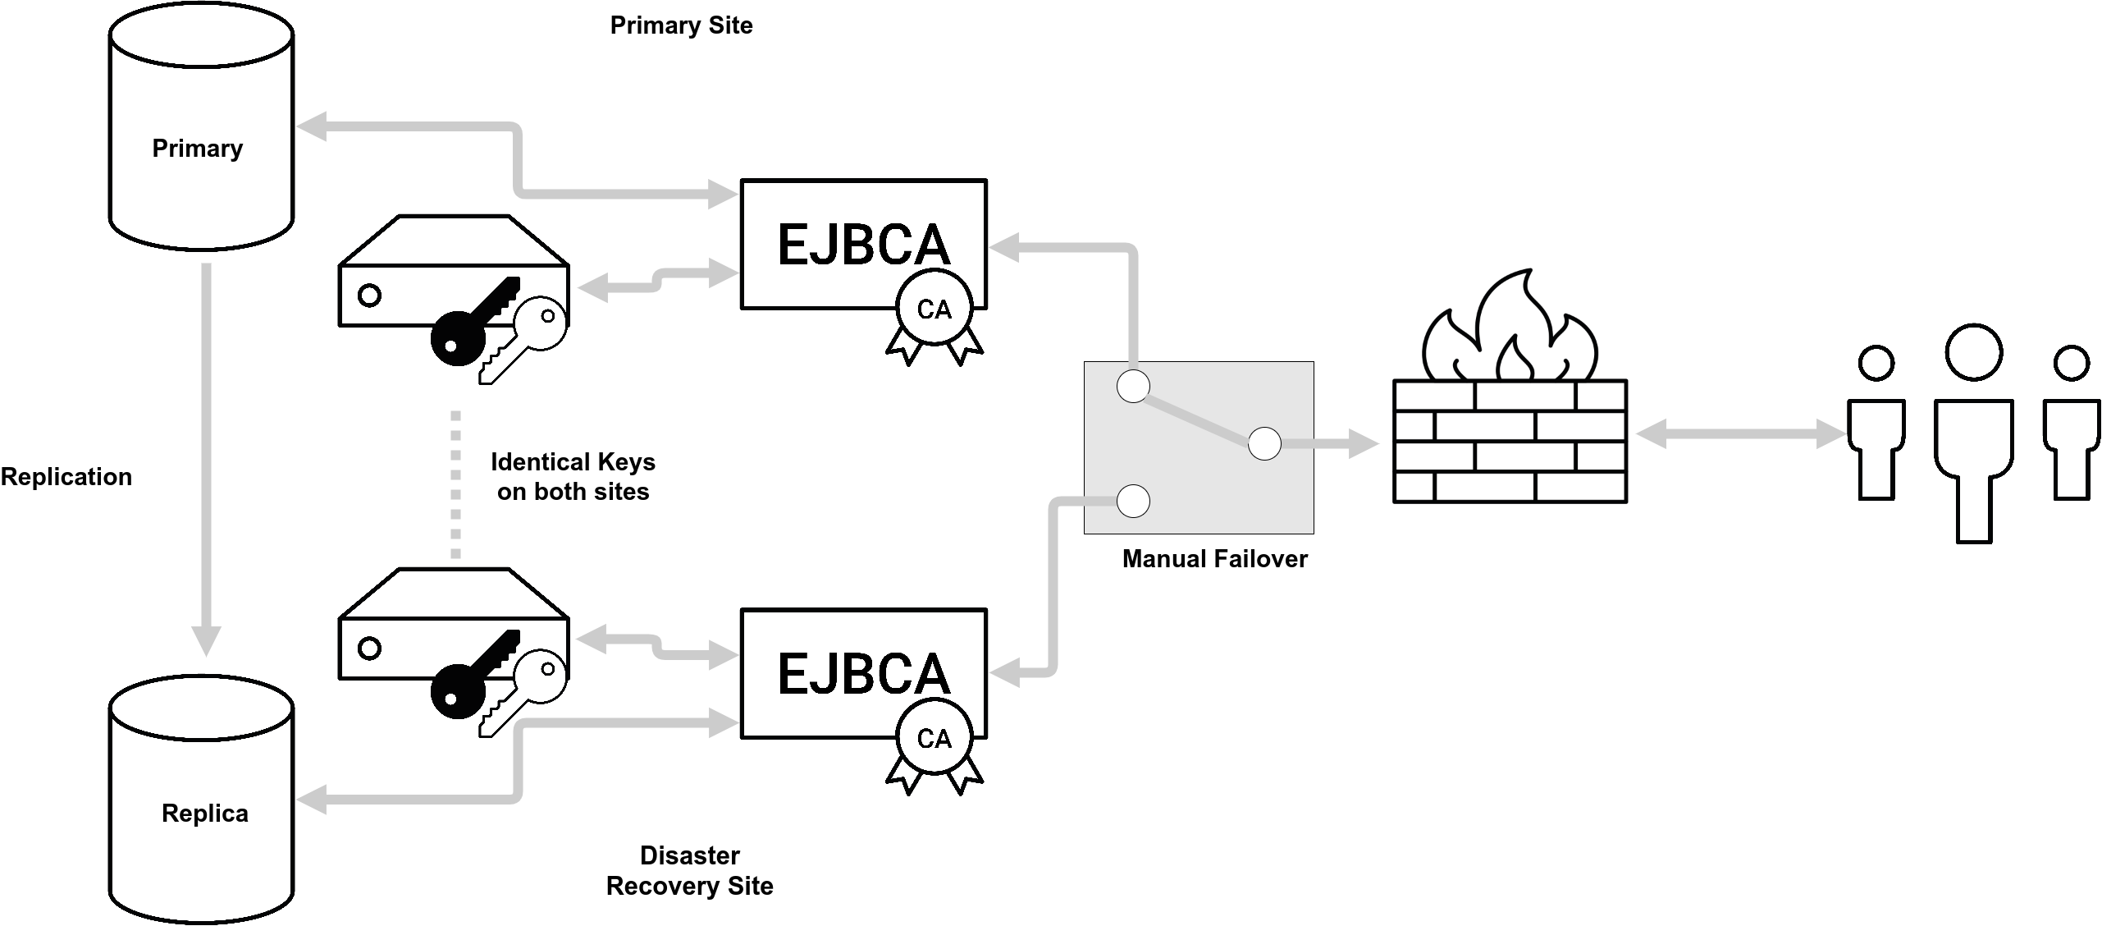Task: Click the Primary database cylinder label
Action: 198,149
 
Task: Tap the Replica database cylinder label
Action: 205,814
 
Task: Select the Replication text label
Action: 66,477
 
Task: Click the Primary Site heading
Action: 681,25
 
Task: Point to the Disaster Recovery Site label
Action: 689,871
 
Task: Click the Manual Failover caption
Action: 1214,559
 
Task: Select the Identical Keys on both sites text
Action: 573,477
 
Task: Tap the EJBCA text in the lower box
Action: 863,674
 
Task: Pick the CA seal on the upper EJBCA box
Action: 934,310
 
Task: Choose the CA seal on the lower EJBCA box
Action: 934,740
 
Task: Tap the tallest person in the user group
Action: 1974,435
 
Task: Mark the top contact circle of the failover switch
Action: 1133,387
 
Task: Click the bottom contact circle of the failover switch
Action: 1133,502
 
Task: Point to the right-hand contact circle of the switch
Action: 1264,444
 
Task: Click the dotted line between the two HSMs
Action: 456,484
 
